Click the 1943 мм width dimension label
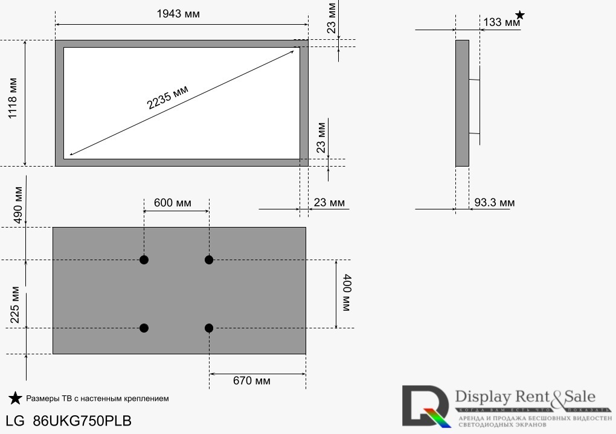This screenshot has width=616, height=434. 178,14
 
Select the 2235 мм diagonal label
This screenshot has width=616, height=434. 168,97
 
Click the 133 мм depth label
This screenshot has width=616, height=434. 501,22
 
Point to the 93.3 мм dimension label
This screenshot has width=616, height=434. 494,203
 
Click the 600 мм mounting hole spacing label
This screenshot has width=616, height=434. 172,203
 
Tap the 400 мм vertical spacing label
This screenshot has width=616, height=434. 347,294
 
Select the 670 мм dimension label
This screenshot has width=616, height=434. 252,381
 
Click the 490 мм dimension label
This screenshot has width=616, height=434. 18,205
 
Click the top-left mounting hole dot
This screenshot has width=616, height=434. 144,260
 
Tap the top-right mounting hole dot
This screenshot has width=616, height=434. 209,260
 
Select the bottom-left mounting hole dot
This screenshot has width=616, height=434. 144,328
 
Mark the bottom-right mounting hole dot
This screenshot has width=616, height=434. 209,328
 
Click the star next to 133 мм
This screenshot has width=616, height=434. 519,14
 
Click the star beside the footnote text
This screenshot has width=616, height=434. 15,398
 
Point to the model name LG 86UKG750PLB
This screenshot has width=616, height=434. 68,421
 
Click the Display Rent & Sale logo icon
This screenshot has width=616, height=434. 426,406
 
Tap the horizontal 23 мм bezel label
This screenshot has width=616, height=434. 329,203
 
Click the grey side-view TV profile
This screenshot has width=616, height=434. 462,103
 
